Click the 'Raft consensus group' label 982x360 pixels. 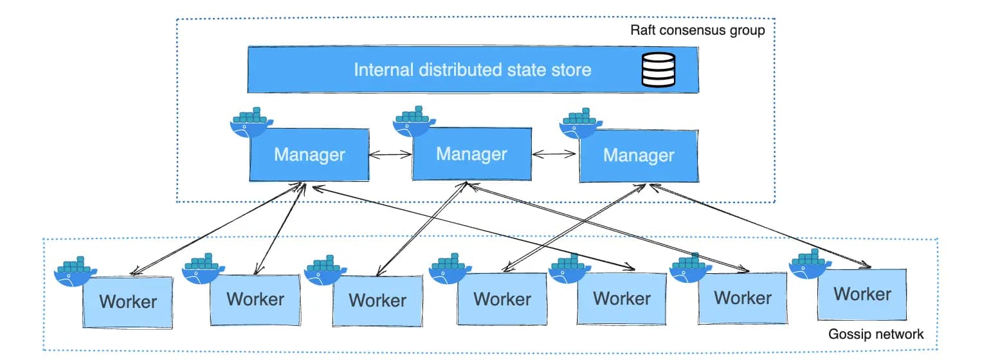697,30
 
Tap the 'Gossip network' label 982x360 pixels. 876,334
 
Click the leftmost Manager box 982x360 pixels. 309,155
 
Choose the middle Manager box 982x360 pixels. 471,154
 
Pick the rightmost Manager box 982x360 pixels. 638,156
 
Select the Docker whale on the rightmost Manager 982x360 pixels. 581,123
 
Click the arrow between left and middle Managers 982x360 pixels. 390,155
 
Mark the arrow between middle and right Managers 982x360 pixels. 554,154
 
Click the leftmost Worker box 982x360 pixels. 129,301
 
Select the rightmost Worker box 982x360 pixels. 862,294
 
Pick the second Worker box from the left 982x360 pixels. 255,299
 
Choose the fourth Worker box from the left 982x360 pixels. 502,299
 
